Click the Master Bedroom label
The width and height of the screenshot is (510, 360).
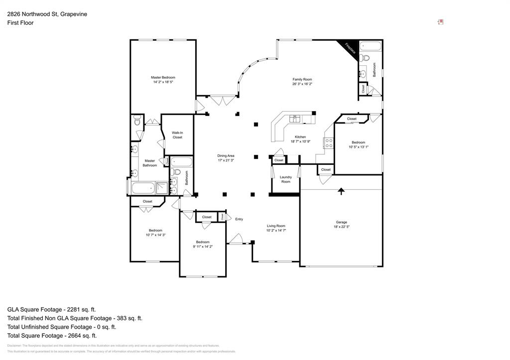click(x=163, y=77)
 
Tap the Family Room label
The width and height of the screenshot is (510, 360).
click(x=302, y=80)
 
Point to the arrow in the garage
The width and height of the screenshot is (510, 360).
click(x=341, y=191)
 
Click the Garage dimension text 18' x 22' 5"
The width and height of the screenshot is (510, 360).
click(x=341, y=227)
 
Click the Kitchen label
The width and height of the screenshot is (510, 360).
click(x=300, y=137)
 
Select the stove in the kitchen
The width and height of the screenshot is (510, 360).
click(x=329, y=143)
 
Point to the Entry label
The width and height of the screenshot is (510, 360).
click(x=239, y=219)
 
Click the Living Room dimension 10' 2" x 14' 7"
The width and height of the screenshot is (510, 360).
click(x=276, y=231)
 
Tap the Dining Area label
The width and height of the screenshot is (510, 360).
click(x=226, y=155)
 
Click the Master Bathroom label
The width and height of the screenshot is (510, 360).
click(x=149, y=163)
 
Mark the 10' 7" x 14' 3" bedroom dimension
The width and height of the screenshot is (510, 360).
click(x=155, y=235)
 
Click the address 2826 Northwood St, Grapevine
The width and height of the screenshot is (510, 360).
click(x=47, y=14)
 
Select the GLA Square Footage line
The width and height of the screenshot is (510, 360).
click(x=51, y=309)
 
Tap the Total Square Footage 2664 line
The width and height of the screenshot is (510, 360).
click(x=52, y=336)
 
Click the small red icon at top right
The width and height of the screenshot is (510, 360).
click(x=440, y=22)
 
